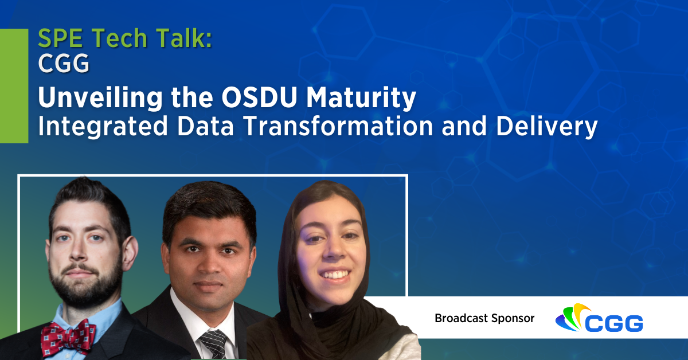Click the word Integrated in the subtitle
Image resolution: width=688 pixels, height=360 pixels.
pos(100,127)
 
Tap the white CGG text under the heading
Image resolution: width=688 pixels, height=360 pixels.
pos(64,64)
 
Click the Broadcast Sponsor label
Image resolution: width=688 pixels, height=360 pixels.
pos(484,318)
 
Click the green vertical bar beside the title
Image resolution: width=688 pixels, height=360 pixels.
pos(14,85)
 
